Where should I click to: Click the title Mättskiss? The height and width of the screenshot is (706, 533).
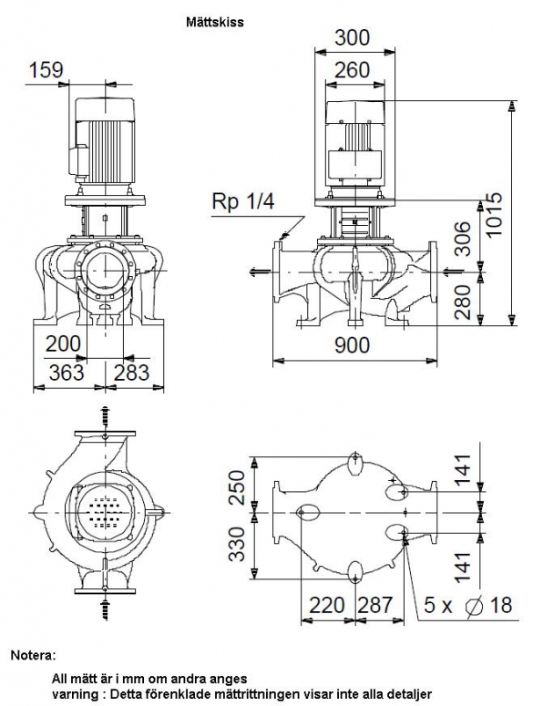215,22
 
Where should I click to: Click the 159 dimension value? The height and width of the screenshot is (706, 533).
46,70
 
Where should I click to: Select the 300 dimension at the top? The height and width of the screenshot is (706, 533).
352,38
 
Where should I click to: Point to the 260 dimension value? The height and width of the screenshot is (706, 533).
353,70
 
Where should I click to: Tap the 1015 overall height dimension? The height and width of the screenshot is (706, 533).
494,214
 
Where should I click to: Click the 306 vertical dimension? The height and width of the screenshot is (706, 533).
462,239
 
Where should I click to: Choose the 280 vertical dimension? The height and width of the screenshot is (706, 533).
462,302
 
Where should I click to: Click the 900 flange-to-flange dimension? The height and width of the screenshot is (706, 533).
352,345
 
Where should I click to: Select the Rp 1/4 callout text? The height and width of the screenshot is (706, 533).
242,201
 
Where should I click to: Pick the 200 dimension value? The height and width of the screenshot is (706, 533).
64,344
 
